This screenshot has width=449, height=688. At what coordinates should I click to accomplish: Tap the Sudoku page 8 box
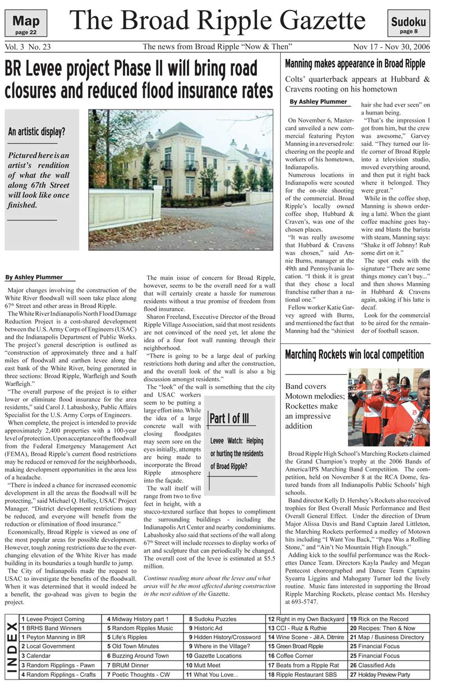408,25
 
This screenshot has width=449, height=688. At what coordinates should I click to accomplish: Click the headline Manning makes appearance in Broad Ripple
355,64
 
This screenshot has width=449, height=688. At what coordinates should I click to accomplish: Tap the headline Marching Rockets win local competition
354,355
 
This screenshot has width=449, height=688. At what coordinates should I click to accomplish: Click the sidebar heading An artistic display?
36,132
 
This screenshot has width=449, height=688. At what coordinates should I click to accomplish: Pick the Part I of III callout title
229,419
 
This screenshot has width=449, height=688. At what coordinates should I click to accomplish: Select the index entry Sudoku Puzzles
215,619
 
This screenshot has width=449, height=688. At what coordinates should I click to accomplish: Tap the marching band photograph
388,407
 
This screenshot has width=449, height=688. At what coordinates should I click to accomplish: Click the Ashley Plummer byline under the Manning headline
318,102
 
